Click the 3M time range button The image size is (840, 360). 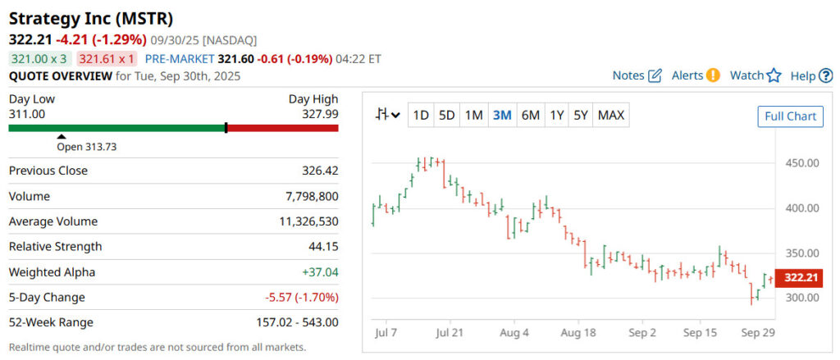pos(502,116)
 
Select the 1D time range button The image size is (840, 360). pos(421,116)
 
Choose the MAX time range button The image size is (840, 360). pos(611,116)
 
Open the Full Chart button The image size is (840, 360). pos(790,116)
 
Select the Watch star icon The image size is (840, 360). pos(774,75)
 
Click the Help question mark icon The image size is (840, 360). pos(826,76)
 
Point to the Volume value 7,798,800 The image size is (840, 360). pos(309,196)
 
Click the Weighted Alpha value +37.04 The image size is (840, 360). pos(320,271)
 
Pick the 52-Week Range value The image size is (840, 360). pos(298,322)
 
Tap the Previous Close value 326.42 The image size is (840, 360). pos(320,171)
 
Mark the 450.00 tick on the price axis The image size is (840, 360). pos(801,162)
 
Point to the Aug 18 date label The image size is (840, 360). pos(578,333)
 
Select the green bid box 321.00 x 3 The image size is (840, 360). pos(39,59)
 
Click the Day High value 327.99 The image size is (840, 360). pos(320,114)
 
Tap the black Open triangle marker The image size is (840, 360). pos(61,137)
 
